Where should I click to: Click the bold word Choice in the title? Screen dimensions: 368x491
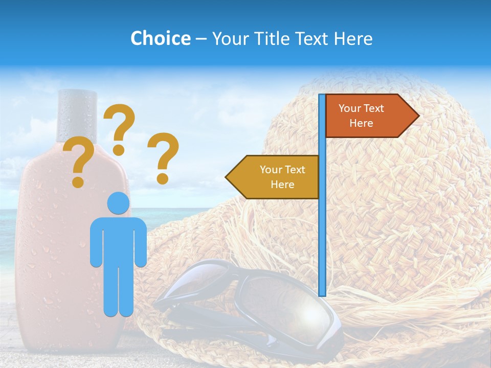160,38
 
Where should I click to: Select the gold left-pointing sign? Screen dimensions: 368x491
276,177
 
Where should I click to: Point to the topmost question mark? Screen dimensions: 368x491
120,128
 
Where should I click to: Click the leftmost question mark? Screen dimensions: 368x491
79,163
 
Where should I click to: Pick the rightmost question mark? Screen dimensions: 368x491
164,157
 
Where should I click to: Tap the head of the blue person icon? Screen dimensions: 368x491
118,203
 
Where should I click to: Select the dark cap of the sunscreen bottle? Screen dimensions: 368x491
77,115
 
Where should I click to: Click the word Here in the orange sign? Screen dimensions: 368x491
361,123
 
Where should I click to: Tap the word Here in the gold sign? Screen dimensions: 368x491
282,185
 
